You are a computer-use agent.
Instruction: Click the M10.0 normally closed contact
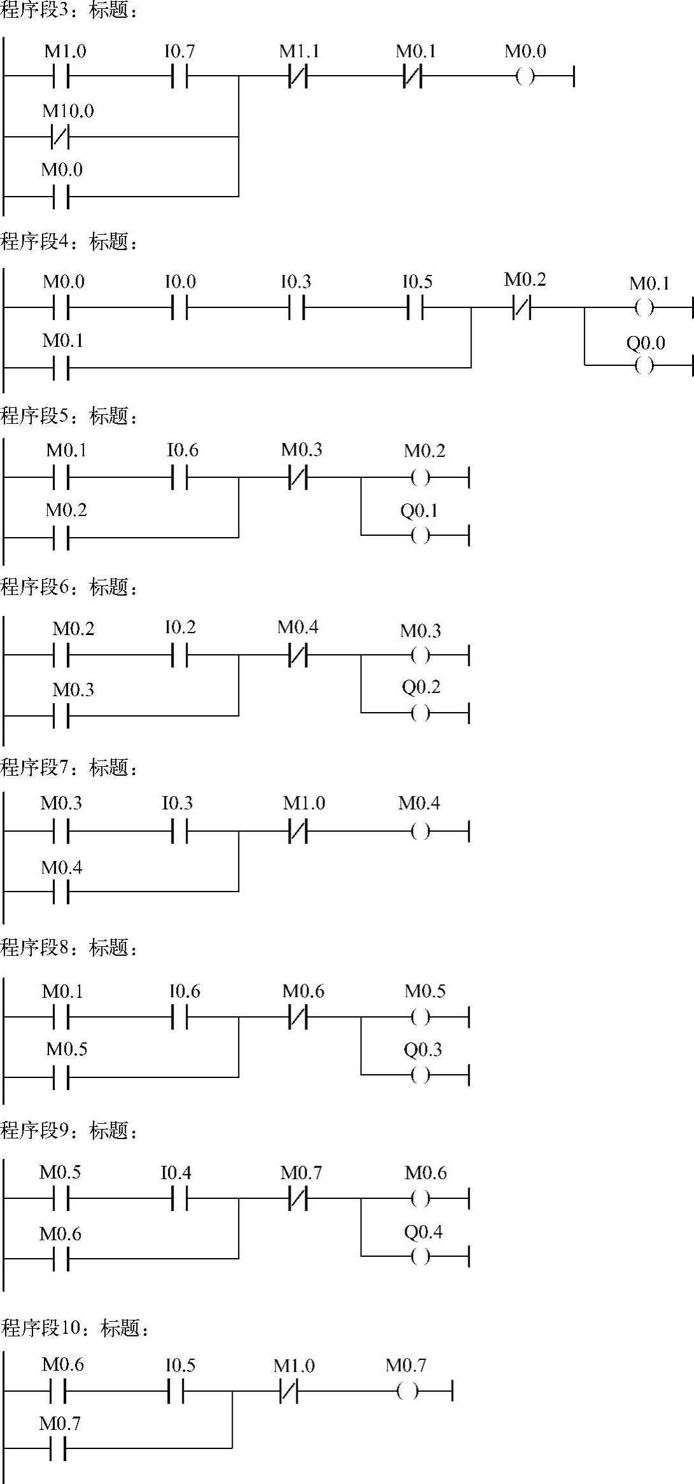[x=60, y=136]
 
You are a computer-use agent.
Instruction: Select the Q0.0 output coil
[x=644, y=365]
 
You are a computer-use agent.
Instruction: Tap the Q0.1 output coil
[x=420, y=535]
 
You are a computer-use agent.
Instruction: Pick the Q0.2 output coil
[x=420, y=713]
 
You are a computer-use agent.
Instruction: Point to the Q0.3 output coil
[x=420, y=1075]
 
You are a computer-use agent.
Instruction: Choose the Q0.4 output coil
[x=420, y=1256]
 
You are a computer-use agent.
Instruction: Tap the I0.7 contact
[x=180, y=77]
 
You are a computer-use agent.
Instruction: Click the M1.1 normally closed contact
[x=298, y=77]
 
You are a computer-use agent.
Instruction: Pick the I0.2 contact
[x=180, y=655]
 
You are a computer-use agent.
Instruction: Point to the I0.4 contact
[x=180, y=1200]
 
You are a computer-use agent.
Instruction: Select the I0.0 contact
[x=180, y=309]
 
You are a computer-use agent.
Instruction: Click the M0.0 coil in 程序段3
[x=525, y=77]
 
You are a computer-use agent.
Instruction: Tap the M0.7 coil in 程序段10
[x=407, y=1391]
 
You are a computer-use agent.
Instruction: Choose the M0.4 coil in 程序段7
[x=420, y=831]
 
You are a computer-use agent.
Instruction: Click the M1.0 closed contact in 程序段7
[x=298, y=831]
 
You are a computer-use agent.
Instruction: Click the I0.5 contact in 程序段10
[x=176, y=1391]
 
